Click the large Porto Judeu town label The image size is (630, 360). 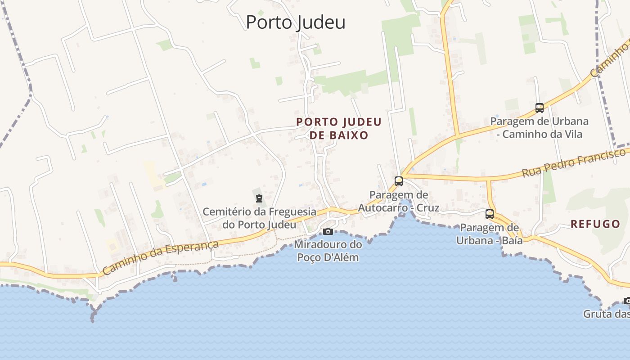point(296,22)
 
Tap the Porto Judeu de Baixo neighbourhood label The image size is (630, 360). point(339,128)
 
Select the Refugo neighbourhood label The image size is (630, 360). point(595,224)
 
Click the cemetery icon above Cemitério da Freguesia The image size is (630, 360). point(259,198)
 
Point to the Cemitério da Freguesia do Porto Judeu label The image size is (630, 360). point(259,218)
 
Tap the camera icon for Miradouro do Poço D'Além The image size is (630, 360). point(328,231)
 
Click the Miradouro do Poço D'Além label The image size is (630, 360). point(328,251)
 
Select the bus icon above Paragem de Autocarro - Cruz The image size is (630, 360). point(399,181)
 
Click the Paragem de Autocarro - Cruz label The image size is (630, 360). point(399,202)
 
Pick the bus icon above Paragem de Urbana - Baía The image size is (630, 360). point(490,214)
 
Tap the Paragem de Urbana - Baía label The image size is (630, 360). point(490,234)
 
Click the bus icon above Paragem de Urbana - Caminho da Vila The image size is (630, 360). point(540,108)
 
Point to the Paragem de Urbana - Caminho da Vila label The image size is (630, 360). point(540,128)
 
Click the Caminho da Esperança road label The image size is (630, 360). point(161,257)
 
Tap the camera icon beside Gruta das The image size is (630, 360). point(627,301)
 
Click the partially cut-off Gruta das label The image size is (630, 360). point(607,314)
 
